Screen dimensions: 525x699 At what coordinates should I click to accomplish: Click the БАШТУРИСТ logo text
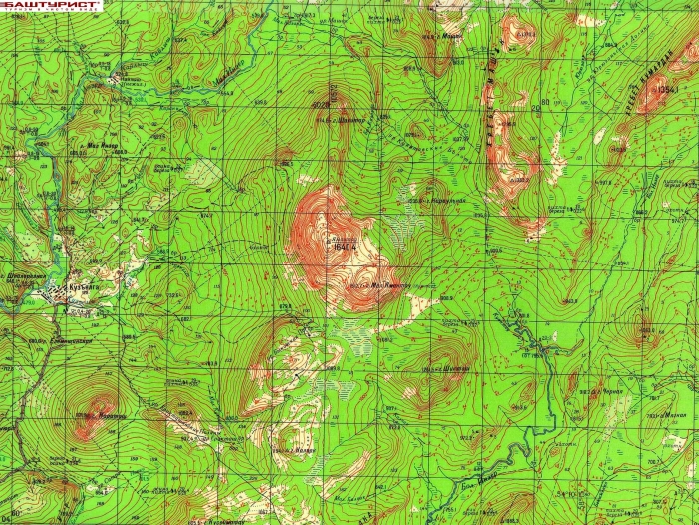point(51,6)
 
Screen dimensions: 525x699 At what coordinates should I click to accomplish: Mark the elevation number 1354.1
point(667,90)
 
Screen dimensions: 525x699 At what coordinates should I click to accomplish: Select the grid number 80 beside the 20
point(545,103)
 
